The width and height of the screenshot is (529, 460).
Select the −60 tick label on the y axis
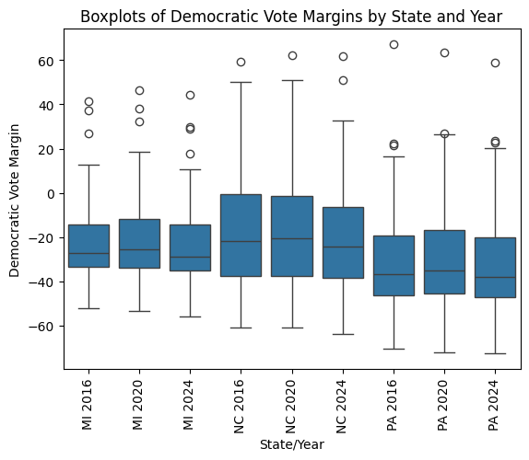pyautogui.click(x=46, y=327)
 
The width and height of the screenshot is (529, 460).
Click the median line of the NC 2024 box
pyautogui.click(x=342, y=247)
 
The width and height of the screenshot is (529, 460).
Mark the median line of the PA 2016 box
pyautogui.click(x=394, y=274)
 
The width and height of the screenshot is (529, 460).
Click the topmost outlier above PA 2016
pyautogui.click(x=394, y=44)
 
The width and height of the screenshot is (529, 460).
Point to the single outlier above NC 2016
pyautogui.click(x=241, y=62)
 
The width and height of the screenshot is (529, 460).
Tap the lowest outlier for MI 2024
pyautogui.click(x=190, y=154)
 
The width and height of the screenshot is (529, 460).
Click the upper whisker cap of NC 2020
pyautogui.click(x=291, y=80)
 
